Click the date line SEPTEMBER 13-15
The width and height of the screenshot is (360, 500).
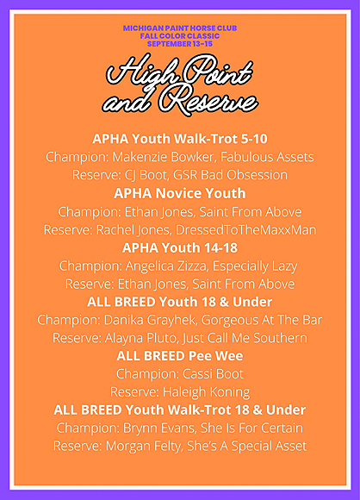click(x=180, y=44)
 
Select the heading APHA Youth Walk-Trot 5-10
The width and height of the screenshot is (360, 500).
click(x=180, y=139)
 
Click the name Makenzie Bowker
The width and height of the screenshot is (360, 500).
click(x=163, y=157)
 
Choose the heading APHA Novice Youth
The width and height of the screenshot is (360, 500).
click(x=180, y=194)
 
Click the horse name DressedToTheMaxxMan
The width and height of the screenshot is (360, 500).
click(x=245, y=230)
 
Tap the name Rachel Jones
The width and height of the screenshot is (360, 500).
click(x=133, y=230)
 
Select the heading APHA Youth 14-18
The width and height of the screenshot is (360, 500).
click(x=180, y=248)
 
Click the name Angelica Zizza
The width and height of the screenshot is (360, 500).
click(x=166, y=266)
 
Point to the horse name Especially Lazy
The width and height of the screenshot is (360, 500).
click(x=255, y=266)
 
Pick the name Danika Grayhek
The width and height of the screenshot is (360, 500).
click(x=149, y=320)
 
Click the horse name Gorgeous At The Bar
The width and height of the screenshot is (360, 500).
click(x=262, y=320)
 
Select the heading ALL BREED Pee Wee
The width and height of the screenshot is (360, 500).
click(x=180, y=356)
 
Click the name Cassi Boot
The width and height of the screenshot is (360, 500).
click(x=213, y=374)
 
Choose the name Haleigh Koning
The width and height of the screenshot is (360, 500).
click(x=206, y=392)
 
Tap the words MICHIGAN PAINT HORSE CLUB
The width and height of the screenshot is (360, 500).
click(x=180, y=28)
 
